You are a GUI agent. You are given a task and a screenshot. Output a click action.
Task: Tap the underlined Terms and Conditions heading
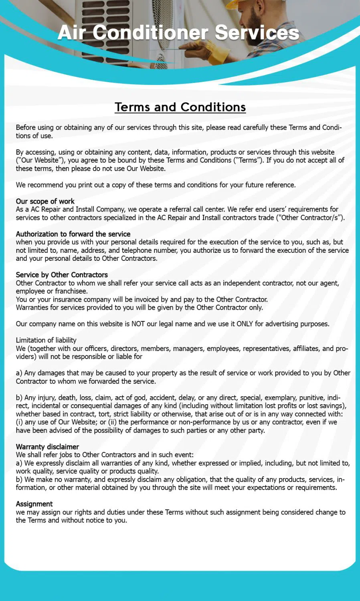pyautogui.click(x=180, y=107)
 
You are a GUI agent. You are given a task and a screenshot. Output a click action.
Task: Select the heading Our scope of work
pyautogui.click(x=45, y=201)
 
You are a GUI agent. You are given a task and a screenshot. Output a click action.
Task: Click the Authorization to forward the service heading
pyautogui.click(x=73, y=234)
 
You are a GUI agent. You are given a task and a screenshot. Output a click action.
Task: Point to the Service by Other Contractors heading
pyautogui.click(x=62, y=275)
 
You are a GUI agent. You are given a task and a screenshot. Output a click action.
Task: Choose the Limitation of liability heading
pyautogui.click(x=46, y=340)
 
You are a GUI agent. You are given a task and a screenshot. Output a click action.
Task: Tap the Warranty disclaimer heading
pyautogui.click(x=47, y=447)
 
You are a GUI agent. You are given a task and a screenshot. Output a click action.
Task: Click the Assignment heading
pyautogui.click(x=34, y=504)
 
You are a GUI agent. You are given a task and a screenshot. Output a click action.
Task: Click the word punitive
pyautogui.click(x=311, y=397)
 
